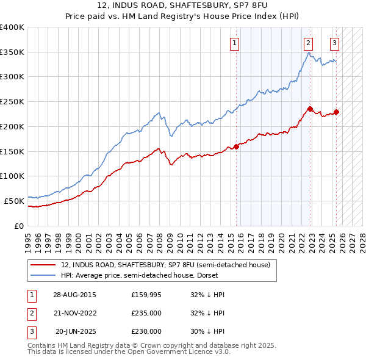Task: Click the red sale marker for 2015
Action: tap(237, 146)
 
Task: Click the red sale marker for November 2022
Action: tap(310, 109)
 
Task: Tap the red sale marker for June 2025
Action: tap(336, 112)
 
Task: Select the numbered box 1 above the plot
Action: tap(235, 43)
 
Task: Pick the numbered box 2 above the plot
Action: tap(309, 43)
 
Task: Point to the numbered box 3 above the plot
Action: tap(335, 43)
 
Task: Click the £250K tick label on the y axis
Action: tap(12, 102)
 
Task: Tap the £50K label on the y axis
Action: tap(15, 201)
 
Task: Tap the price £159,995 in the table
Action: tap(146, 294)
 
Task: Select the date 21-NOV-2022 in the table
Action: tap(75, 313)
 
